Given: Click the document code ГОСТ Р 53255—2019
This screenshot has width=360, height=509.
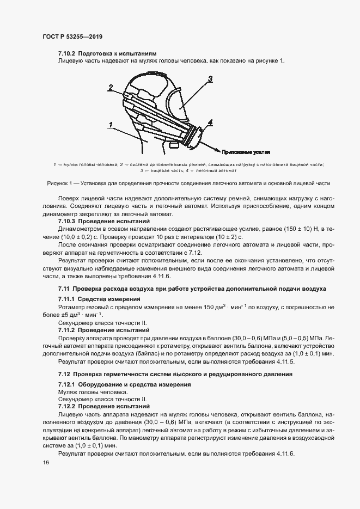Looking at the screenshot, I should (x=72, y=36).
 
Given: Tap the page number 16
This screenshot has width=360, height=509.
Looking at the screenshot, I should (x=46, y=462).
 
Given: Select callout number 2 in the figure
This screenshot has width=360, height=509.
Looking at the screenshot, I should (x=110, y=87).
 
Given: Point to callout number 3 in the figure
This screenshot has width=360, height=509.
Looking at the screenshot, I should (x=210, y=79).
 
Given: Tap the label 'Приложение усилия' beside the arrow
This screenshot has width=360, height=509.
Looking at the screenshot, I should (x=247, y=152).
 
